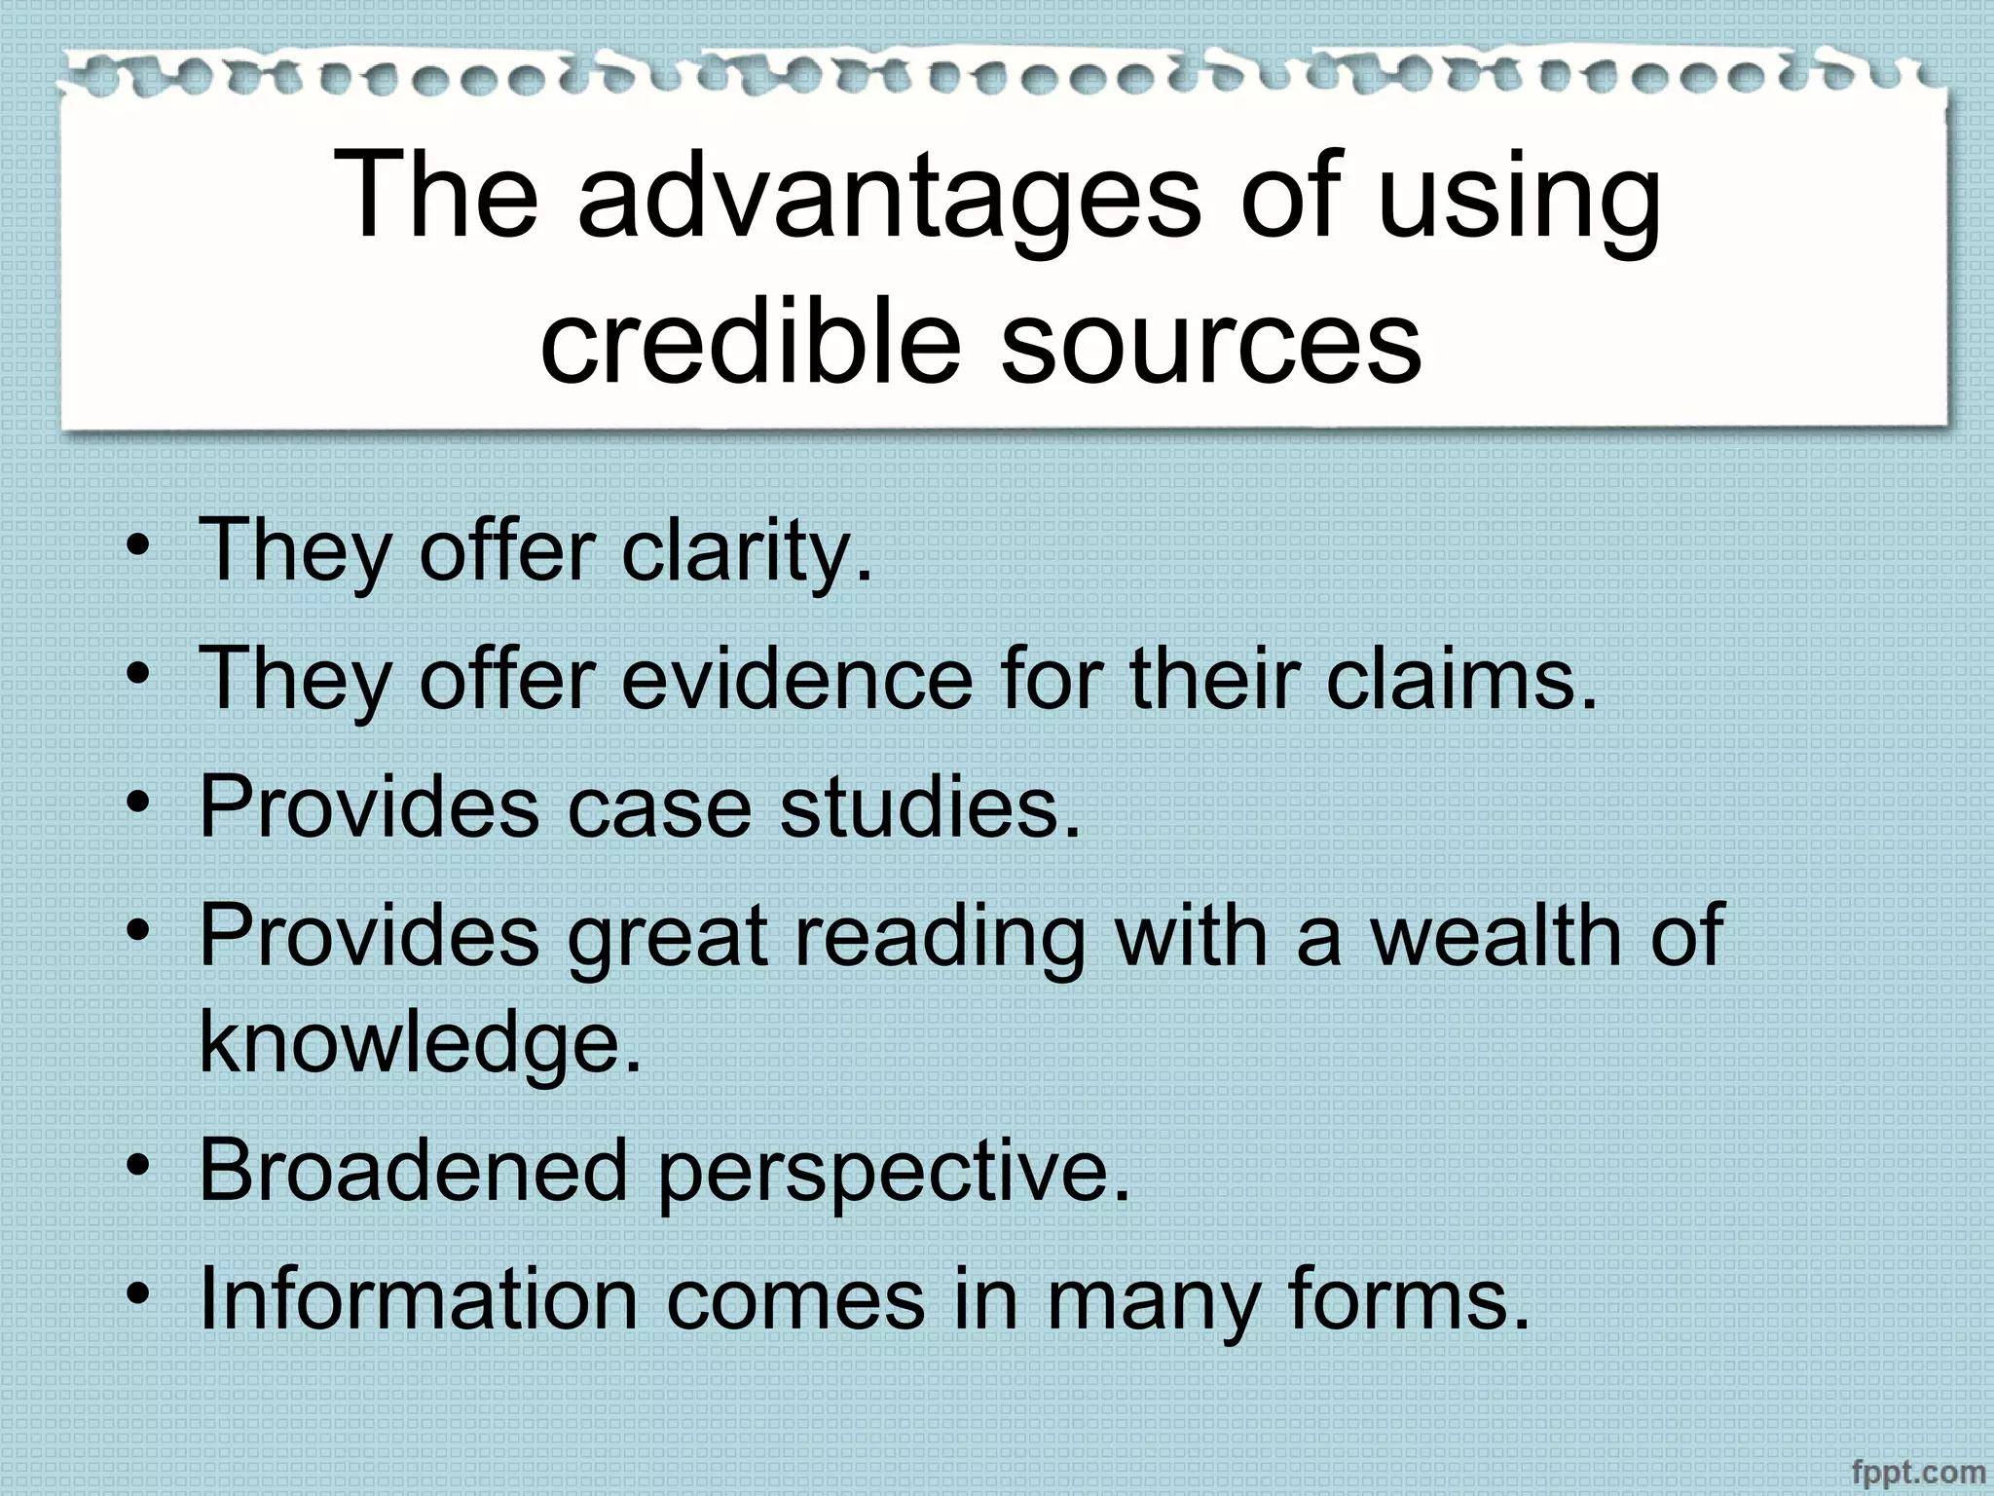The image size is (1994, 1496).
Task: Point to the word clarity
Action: pyautogui.click(x=745, y=551)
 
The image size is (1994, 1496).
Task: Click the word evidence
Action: pyautogui.click(x=796, y=679)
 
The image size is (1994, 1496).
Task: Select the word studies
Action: pyautogui.click(x=930, y=807)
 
